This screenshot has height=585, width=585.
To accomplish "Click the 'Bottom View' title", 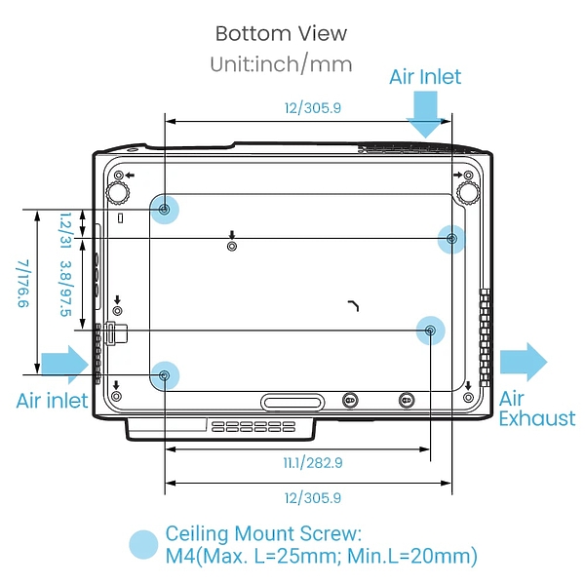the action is (281, 33).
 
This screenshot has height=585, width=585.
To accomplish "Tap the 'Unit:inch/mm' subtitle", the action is (281, 63).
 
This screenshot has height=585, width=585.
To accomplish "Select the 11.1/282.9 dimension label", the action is (313, 463).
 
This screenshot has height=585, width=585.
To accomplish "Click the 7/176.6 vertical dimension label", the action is (23, 284).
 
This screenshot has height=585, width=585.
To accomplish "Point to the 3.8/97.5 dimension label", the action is (66, 289).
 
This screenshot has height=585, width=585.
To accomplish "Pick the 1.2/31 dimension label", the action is (65, 230).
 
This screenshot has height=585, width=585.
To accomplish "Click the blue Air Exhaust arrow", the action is (523, 362).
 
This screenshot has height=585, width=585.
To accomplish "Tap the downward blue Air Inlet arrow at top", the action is (426, 114).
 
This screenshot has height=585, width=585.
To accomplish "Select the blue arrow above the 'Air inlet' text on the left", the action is (65, 365).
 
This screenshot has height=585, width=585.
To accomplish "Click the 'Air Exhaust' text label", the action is (537, 409).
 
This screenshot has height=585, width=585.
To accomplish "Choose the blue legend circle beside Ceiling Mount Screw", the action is (143, 545).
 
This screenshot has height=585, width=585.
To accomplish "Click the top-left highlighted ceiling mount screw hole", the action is (164, 210).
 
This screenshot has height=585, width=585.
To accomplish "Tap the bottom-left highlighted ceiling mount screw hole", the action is (165, 375).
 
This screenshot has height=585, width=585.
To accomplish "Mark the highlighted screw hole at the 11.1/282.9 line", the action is (431, 331).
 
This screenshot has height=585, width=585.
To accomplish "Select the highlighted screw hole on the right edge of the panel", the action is (451, 239).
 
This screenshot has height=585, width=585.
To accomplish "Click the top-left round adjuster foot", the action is (118, 193).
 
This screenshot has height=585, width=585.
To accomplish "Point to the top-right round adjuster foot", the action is (468, 193).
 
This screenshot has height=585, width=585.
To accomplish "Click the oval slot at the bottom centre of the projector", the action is (292, 402).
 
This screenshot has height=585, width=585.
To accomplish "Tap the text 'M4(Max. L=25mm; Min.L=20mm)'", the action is (321, 556).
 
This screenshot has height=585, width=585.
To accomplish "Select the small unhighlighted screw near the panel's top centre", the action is (232, 247).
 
